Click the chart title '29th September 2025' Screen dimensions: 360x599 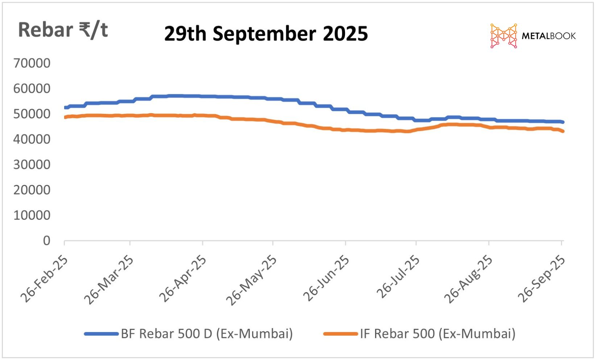click(x=266, y=34)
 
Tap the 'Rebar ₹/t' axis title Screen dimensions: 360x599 click(x=63, y=30)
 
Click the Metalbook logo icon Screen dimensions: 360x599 click(x=503, y=36)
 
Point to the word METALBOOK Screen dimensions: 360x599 click(x=548, y=36)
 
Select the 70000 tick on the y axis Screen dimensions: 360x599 click(x=32, y=63)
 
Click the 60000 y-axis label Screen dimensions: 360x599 click(x=32, y=88)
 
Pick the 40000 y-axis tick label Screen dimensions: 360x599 click(x=32, y=139)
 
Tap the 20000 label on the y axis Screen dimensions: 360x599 click(x=32, y=190)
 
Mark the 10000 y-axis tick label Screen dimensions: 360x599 click(x=32, y=215)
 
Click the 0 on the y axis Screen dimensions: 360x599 click(x=47, y=240)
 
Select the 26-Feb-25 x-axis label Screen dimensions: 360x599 click(x=44, y=278)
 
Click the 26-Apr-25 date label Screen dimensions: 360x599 click(x=183, y=278)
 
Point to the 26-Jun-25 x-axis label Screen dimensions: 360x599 click(x=326, y=278)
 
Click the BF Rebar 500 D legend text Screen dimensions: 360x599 click(x=207, y=334)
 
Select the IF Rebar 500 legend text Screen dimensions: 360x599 click(x=437, y=334)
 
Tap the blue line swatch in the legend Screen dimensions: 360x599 click(x=101, y=334)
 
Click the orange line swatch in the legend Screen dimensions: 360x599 click(x=341, y=334)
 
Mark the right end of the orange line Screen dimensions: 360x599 click(x=562, y=131)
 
